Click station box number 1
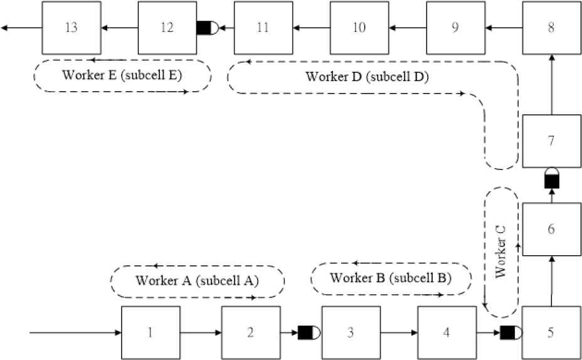151,332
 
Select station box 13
71,28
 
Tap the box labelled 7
551,142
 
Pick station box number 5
551,332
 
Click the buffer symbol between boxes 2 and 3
309,332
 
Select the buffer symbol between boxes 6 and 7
551,178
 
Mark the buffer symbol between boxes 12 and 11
207,28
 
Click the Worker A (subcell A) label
197,281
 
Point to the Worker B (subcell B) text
390,278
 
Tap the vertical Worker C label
500,251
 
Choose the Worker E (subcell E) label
122,76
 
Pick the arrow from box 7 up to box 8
551,85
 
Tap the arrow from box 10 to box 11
314,28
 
